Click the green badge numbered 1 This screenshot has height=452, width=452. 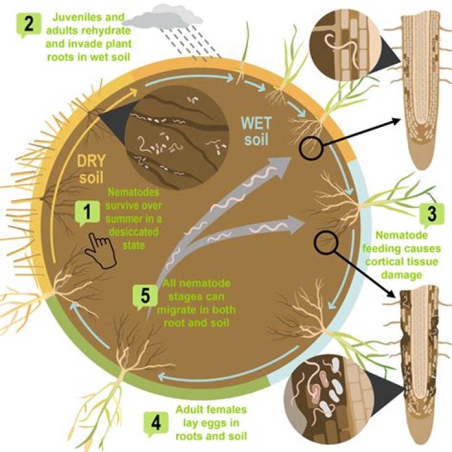tap(88, 212)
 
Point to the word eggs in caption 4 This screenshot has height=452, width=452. tap(228, 422)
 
